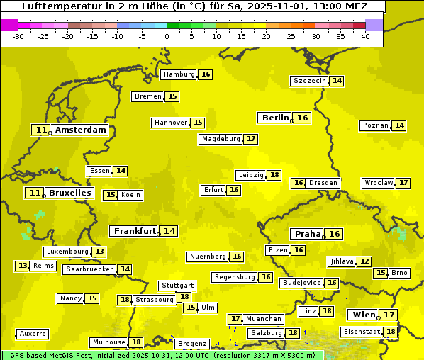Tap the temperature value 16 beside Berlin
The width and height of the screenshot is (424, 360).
tap(303, 118)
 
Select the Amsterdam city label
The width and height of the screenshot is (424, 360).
tap(81, 130)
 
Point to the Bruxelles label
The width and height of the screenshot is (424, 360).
tap(69, 193)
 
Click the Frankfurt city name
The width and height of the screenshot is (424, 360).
tap(135, 231)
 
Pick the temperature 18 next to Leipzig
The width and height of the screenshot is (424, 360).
tap(274, 175)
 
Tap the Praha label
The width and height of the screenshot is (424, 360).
tap(308, 234)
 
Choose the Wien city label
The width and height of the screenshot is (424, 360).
tap(362, 315)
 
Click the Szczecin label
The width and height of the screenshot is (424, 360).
tap(310, 81)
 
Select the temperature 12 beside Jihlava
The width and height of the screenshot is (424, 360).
tap(364, 261)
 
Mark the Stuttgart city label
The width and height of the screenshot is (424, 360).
tap(177, 286)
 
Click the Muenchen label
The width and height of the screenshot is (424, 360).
tap(264, 319)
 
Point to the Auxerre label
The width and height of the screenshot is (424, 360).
tap(33, 333)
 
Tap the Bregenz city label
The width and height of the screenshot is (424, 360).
tap(192, 343)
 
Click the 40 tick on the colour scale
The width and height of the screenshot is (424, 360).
tap(365, 36)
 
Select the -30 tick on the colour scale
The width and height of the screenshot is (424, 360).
tap(18, 36)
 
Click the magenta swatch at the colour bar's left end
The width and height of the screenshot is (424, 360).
tap(9, 25)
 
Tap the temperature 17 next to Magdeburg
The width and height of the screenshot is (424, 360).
tap(251, 139)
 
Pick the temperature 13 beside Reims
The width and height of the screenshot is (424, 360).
tap(23, 266)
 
